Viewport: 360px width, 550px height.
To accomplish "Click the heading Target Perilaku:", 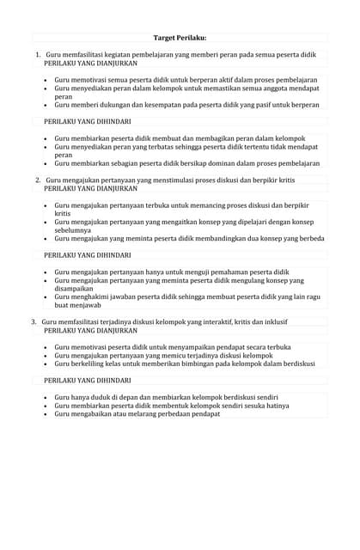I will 180,38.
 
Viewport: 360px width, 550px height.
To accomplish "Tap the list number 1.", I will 38,55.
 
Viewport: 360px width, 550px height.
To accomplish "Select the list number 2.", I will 38,180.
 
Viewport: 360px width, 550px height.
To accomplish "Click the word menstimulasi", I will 156,180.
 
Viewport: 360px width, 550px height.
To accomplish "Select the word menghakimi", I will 88,296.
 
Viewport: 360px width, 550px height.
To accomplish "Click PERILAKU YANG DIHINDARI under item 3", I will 88,380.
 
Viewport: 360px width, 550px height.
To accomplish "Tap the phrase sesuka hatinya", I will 261,405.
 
